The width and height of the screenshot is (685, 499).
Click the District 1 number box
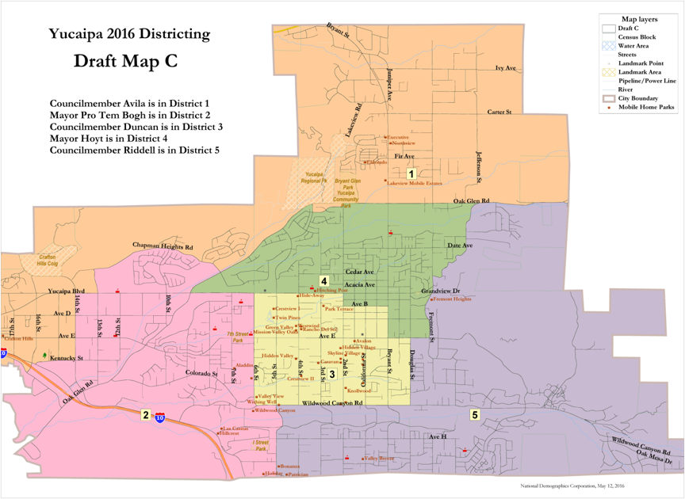pyautogui.click(x=411, y=173)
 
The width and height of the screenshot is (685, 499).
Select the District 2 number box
pyautogui.click(x=146, y=414)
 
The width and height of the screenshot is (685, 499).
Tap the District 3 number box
pyautogui.click(x=332, y=374)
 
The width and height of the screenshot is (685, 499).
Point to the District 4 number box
pyautogui.click(x=324, y=280)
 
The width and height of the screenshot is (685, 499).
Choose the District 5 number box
pyautogui.click(x=475, y=414)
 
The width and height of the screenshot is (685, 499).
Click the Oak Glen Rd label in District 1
pyautogui.click(x=471, y=201)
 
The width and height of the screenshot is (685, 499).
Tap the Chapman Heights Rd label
pyautogui.click(x=163, y=246)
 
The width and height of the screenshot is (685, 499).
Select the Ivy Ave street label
pyautogui.click(x=505, y=69)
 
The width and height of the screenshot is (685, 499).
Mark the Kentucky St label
pyautogui.click(x=67, y=359)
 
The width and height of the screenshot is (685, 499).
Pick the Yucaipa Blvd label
pyautogui.click(x=66, y=291)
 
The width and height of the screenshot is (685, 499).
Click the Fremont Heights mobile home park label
pyautogui.click(x=453, y=299)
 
